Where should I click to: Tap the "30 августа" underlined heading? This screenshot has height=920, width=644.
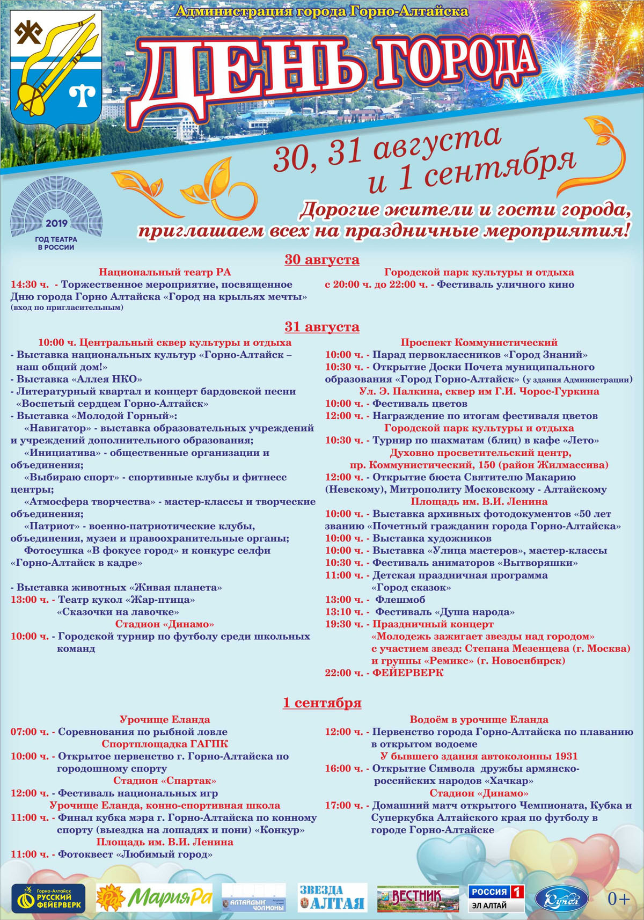click(322, 260)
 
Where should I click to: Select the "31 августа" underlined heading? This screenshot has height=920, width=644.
click(322, 327)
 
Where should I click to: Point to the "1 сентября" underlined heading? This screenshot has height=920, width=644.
click(322, 703)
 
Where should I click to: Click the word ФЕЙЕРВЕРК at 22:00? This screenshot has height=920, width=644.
click(408, 673)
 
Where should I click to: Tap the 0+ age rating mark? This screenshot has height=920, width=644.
click(618, 899)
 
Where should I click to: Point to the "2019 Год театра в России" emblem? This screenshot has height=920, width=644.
click(56, 215)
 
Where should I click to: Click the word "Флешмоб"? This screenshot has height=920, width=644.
click(400, 600)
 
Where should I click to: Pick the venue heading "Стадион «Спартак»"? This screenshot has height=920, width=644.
click(165, 781)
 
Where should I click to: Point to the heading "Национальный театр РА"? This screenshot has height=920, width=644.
click(165, 273)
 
